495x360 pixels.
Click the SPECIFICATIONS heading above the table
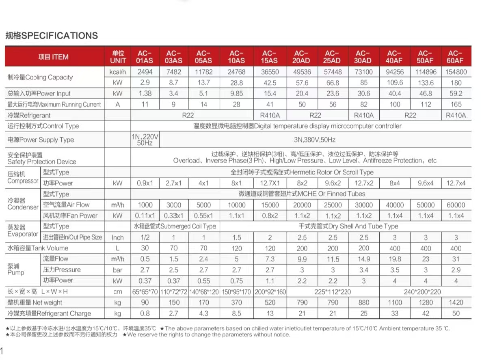coord(52,36)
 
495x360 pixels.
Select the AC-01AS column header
coord(145,57)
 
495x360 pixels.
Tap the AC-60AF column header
coord(455,57)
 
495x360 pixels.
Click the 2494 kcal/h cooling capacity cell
coord(145,72)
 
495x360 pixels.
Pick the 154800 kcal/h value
coord(455,72)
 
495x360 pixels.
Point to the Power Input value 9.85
coord(236,93)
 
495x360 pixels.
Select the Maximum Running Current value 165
coord(455,104)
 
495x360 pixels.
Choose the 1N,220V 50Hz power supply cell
coord(145,140)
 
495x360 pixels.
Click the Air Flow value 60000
coord(455,205)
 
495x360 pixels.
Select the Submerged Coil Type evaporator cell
coord(175,226)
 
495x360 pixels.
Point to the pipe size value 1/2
coord(145,237)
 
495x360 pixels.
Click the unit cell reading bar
coord(118,269)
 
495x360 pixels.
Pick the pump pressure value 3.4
coord(363,269)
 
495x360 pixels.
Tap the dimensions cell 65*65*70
coord(145,291)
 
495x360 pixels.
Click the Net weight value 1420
coord(455,302)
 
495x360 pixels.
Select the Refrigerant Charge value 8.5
coord(236,313)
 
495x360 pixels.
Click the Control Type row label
coord(43,126)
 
